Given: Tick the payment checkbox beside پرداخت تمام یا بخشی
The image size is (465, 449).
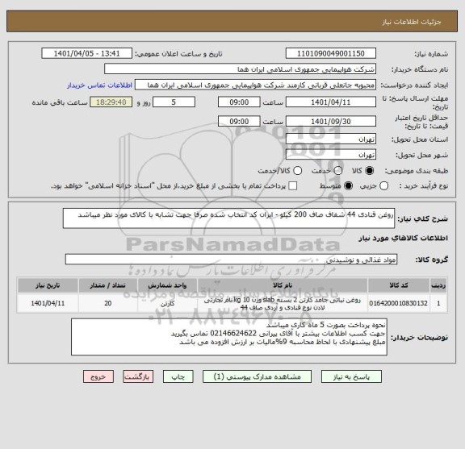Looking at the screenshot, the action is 293,186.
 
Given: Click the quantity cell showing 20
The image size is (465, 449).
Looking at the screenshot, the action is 109,303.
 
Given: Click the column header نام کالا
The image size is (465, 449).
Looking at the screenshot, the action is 283,285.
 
